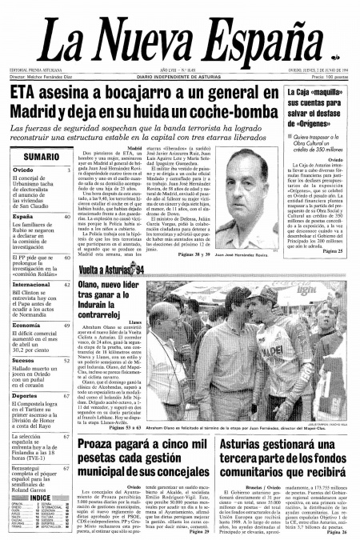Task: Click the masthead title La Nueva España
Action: [179, 42]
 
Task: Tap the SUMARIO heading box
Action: [38, 157]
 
